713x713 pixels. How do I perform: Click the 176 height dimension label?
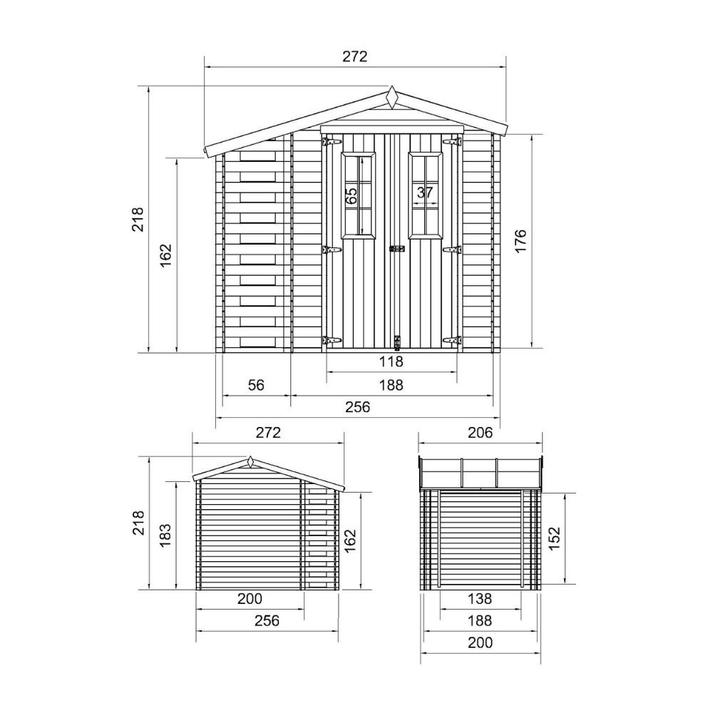521,240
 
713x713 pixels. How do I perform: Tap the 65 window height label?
351,196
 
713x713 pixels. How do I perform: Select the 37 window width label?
425,193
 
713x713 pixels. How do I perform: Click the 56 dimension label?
256,385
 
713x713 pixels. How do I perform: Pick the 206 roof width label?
480,432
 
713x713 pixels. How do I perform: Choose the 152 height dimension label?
554,538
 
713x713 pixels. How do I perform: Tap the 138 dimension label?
480,598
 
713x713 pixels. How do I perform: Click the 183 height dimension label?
165,535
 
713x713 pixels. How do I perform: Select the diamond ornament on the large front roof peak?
391,97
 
